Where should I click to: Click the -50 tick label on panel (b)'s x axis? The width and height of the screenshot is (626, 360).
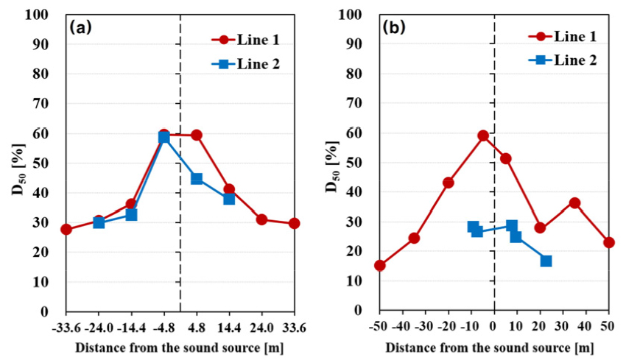379,325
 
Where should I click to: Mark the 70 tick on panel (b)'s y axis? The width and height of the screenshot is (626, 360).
353,104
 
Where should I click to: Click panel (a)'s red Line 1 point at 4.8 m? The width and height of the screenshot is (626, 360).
197,135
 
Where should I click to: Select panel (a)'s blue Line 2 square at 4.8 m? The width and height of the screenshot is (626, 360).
197,179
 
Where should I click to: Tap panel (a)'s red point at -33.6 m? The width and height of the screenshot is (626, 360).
66,230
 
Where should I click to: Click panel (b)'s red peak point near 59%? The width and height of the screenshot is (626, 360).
483,135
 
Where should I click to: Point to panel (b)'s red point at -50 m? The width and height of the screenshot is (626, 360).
380,266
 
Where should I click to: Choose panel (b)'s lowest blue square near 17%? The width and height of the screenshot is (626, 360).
546,261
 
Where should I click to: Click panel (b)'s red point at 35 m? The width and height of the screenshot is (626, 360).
574,203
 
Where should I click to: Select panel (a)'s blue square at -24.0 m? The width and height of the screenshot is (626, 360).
99,222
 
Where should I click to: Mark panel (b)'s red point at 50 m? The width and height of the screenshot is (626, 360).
609,242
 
